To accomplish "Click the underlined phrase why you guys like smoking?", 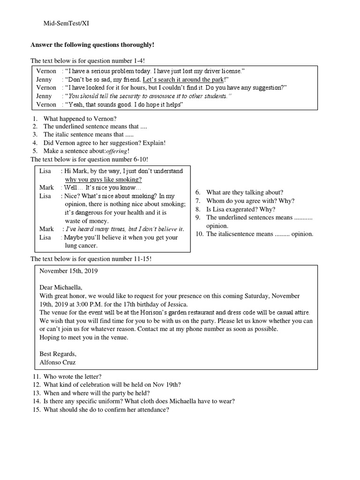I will pyautogui.click(x=103, y=179).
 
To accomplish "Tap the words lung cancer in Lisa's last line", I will pyautogui.click(x=81, y=245).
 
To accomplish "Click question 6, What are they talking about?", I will pyautogui.click(x=244, y=192).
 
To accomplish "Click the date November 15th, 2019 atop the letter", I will pyautogui.click(x=69, y=270).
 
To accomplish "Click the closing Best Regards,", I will pyautogui.click(x=58, y=354).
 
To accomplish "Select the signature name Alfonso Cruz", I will pyautogui.click(x=58, y=362).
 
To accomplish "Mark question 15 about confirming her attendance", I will pyautogui.click(x=106, y=409).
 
